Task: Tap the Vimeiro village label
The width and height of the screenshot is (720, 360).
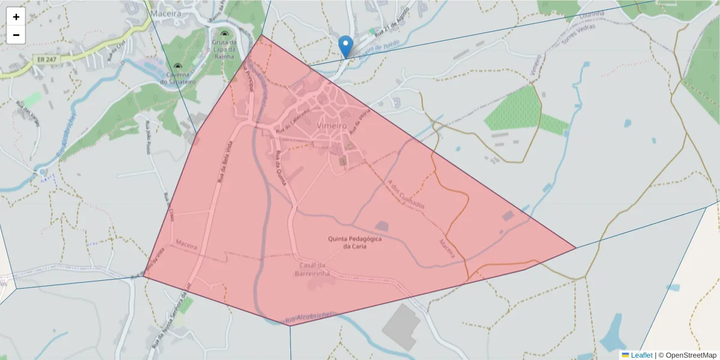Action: click(332, 126)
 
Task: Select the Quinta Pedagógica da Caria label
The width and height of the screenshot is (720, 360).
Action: click(355, 242)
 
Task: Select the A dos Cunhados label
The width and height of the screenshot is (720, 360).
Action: click(407, 195)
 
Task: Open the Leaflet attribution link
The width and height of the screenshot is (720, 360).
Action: click(641, 355)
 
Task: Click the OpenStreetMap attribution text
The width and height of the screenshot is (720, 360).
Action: click(691, 355)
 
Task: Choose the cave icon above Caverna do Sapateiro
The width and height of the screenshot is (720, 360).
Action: click(178, 66)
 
